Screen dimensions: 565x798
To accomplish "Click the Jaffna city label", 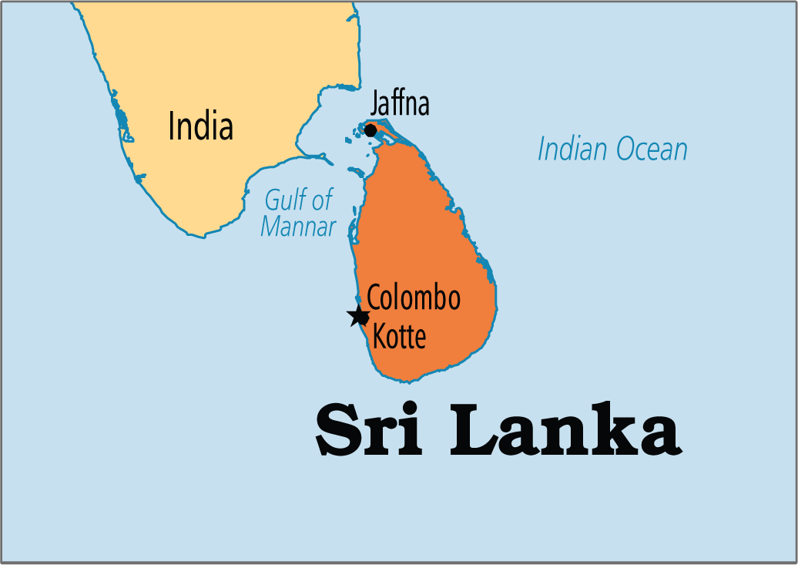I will (400, 103).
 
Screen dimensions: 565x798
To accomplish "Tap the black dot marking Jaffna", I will (370, 130).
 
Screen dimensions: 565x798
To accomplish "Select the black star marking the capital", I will (358, 315).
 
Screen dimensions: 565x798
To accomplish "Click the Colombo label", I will (414, 298).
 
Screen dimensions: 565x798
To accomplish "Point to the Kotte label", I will (399, 336).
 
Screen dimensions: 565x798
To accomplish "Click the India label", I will (200, 126).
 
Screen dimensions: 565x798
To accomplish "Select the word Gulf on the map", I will (283, 200).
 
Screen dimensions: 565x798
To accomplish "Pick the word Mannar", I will (298, 227).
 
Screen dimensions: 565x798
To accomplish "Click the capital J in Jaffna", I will (375, 103).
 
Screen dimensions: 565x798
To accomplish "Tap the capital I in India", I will (172, 126).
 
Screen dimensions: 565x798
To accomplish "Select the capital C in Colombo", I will (374, 298).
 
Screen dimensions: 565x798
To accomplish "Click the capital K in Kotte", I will (380, 336).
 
